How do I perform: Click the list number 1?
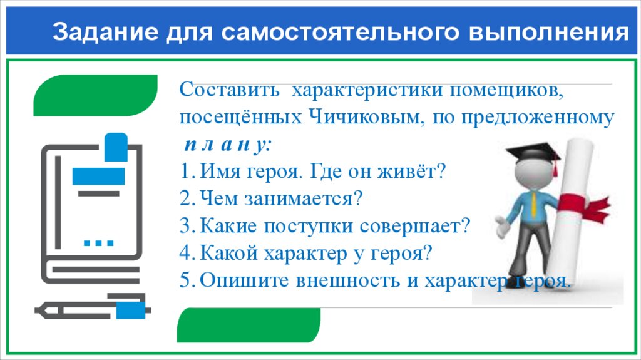coord(183,171)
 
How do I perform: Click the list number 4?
coord(183,253)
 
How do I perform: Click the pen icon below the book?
coord(93,309)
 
